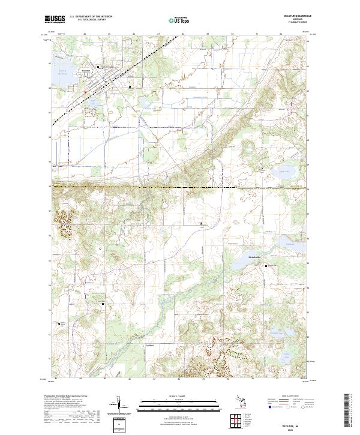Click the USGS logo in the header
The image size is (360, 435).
[x=55, y=19]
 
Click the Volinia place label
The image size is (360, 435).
[x=151, y=346]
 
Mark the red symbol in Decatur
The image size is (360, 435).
[x=85, y=92]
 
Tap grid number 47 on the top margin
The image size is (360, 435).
[x=158, y=34]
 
